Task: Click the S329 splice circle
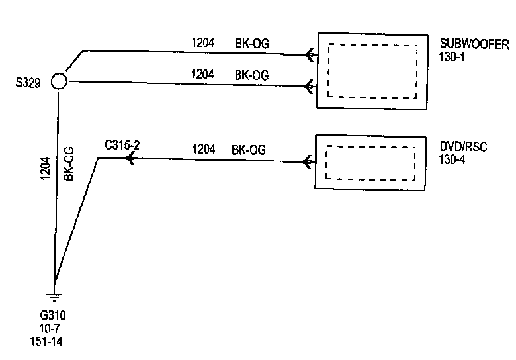tap(59, 81)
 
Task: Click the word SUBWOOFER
tap(474, 45)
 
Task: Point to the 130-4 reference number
tap(452, 159)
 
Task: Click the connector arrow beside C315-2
tap(130, 159)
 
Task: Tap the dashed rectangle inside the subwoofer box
tap(373, 71)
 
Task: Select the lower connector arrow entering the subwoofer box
tap(309, 85)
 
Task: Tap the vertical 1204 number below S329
tap(44, 169)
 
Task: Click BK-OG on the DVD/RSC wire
tap(249, 150)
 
